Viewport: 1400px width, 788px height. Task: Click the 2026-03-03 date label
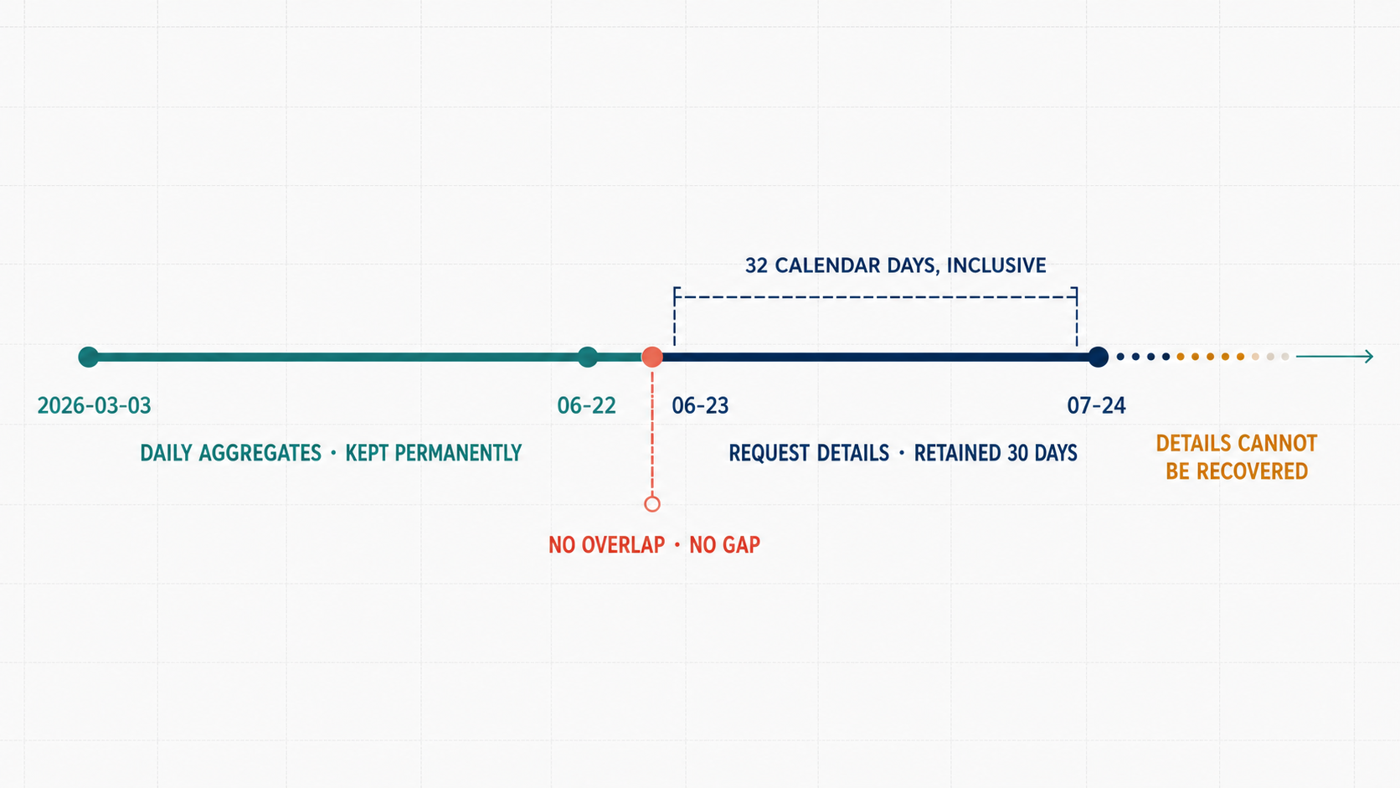coord(94,405)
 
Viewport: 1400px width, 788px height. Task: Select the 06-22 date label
coord(586,405)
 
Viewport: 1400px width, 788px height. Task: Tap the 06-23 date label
coord(700,405)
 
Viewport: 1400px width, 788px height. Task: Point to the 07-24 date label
coord(1096,405)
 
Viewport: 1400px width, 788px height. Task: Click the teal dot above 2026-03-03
coord(89,357)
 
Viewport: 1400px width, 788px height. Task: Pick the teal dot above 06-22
coord(588,357)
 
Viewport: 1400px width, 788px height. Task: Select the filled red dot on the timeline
coord(652,357)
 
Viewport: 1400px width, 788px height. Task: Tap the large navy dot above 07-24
coord(1098,357)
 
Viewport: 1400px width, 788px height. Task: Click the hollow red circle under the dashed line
coord(652,503)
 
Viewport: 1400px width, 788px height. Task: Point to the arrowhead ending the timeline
coord(1369,356)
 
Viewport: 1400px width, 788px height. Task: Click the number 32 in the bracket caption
coord(756,265)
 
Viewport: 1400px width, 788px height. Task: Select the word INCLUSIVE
coord(996,265)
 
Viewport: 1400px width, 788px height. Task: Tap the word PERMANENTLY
coord(433,453)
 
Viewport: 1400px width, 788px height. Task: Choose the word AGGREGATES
coord(260,453)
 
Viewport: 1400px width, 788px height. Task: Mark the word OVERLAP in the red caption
coord(623,545)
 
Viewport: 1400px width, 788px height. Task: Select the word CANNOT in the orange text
coord(1277,444)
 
